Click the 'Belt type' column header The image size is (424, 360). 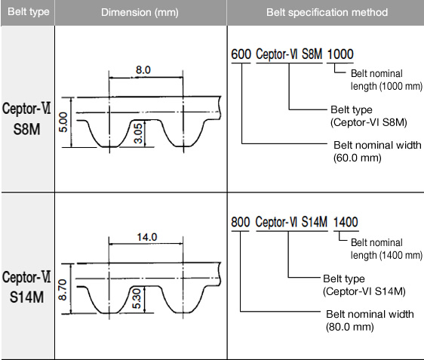pos(29,12)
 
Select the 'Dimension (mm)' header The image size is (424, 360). pos(140,12)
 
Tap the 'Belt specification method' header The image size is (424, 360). pos(327,12)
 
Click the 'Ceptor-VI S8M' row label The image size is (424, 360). pos(26,119)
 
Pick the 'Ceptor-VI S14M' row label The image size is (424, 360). pos(26,287)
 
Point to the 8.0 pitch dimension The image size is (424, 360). pos(143,70)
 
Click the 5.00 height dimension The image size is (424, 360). pos(63,122)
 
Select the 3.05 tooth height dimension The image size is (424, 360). pos(138,133)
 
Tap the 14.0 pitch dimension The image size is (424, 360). pos(147,237)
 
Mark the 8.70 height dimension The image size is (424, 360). pos(63,291)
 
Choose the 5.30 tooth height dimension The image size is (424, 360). pos(137,299)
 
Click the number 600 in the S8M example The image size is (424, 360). pos(241,54)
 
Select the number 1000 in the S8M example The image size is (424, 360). pos(340,54)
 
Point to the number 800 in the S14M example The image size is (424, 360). pos(241,222)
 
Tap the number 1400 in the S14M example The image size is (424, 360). pos(346,222)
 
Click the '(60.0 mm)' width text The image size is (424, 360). pos(357,158)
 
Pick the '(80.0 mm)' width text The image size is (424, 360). pos(350,327)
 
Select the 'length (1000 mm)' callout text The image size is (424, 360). pos(386,86)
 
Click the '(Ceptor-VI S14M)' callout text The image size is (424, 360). pos(364,291)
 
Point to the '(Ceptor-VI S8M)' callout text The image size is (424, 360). pos(369,122)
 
